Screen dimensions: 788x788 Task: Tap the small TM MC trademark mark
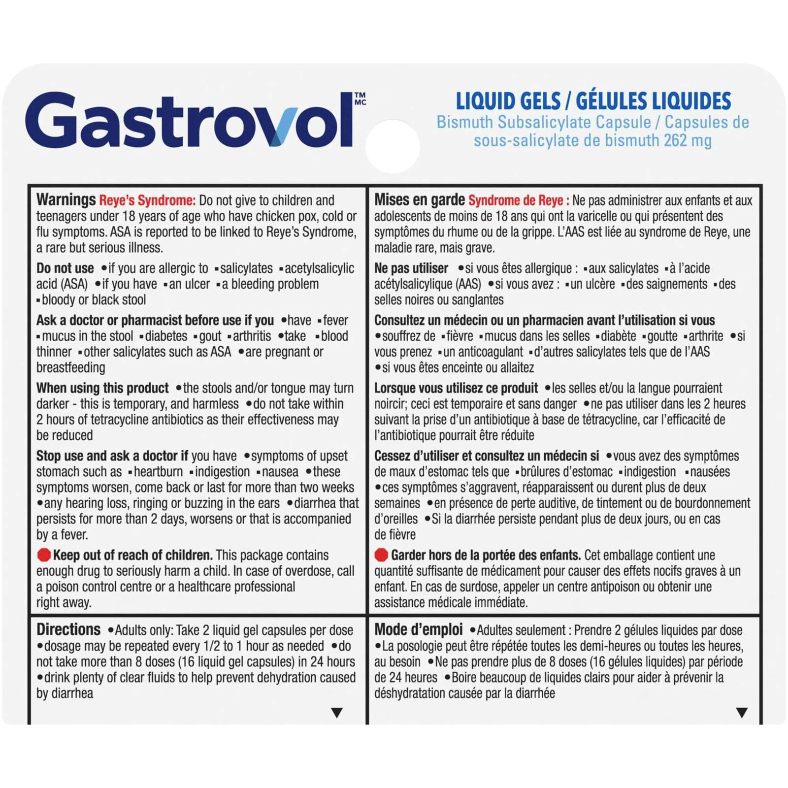[360, 98]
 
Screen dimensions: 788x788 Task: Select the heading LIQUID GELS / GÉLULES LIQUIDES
[593, 101]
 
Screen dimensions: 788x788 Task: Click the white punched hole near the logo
[393, 146]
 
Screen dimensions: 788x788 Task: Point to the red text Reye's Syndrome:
[147, 200]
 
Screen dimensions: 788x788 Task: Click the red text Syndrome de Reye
[518, 200]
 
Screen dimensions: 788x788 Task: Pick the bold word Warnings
[66, 199]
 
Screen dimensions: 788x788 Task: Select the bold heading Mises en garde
[419, 199]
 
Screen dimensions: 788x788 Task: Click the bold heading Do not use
[65, 268]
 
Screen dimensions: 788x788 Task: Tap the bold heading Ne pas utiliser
[411, 268]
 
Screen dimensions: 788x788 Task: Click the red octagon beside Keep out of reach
[44, 555]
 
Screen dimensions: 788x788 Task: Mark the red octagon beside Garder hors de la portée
[381, 555]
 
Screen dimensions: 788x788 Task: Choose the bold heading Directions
[68, 629]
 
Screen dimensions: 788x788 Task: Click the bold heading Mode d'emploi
[418, 629]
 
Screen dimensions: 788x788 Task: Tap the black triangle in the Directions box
[337, 712]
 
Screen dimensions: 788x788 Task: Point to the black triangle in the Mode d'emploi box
[742, 712]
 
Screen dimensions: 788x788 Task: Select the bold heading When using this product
[102, 388]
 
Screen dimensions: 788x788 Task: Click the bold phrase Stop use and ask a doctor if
[112, 456]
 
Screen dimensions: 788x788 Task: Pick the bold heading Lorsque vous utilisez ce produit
[456, 388]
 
